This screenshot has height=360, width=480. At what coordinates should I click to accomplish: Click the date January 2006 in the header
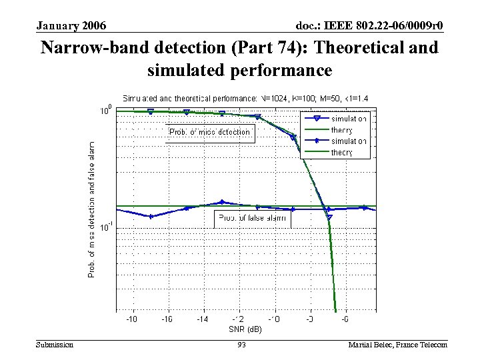(71, 26)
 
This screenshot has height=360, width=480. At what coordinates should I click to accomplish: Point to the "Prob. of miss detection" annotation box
(209, 132)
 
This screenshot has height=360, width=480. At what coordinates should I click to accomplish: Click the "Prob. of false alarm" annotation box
(253, 217)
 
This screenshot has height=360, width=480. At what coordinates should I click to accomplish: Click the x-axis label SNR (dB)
(245, 329)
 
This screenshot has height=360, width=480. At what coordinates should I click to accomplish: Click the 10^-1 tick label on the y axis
(104, 228)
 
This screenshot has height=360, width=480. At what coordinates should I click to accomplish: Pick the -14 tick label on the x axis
(202, 320)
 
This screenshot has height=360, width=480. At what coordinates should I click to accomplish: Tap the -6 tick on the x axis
(345, 320)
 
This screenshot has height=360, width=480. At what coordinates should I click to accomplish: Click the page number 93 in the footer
(241, 345)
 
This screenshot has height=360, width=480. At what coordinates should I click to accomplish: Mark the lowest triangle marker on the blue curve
(329, 217)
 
